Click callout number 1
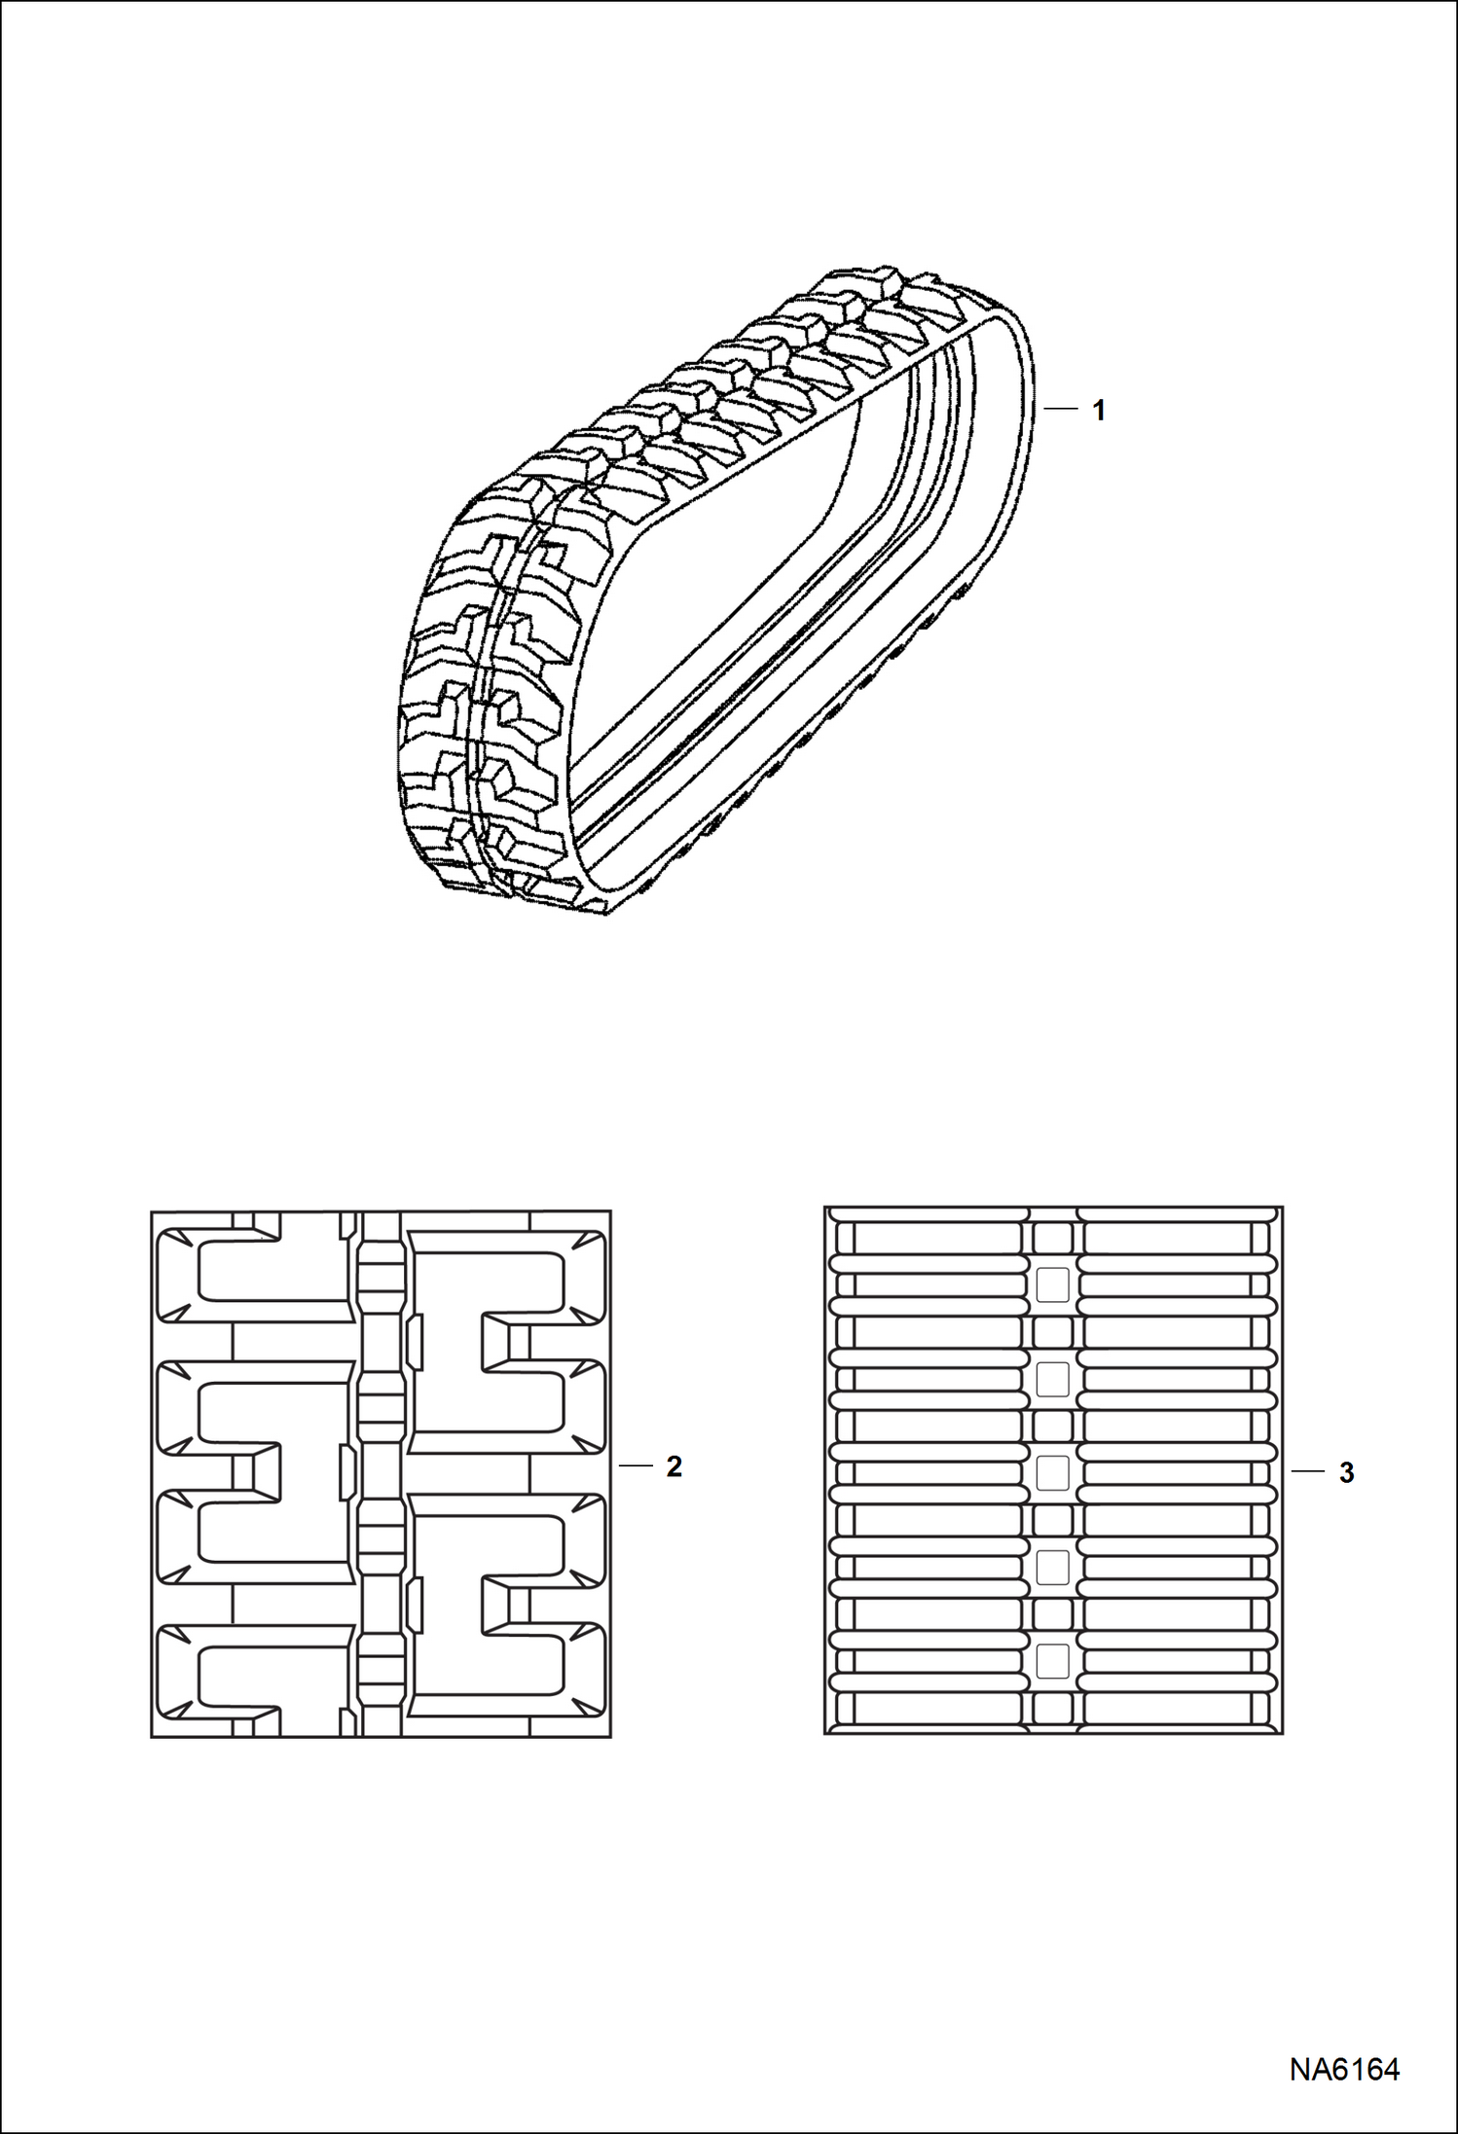(x=1098, y=412)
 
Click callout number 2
(x=674, y=1467)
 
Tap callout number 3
(x=1346, y=1473)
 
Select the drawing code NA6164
(x=1344, y=2069)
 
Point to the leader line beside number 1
(x=1061, y=410)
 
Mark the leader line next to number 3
(x=1308, y=1472)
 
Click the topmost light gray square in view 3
(x=1052, y=1285)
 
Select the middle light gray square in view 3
(x=1052, y=1473)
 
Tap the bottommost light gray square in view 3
(x=1052, y=1661)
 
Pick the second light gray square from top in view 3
(x=1052, y=1380)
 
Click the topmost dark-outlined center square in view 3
(x=1052, y=1239)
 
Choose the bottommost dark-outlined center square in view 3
(x=1052, y=1708)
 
